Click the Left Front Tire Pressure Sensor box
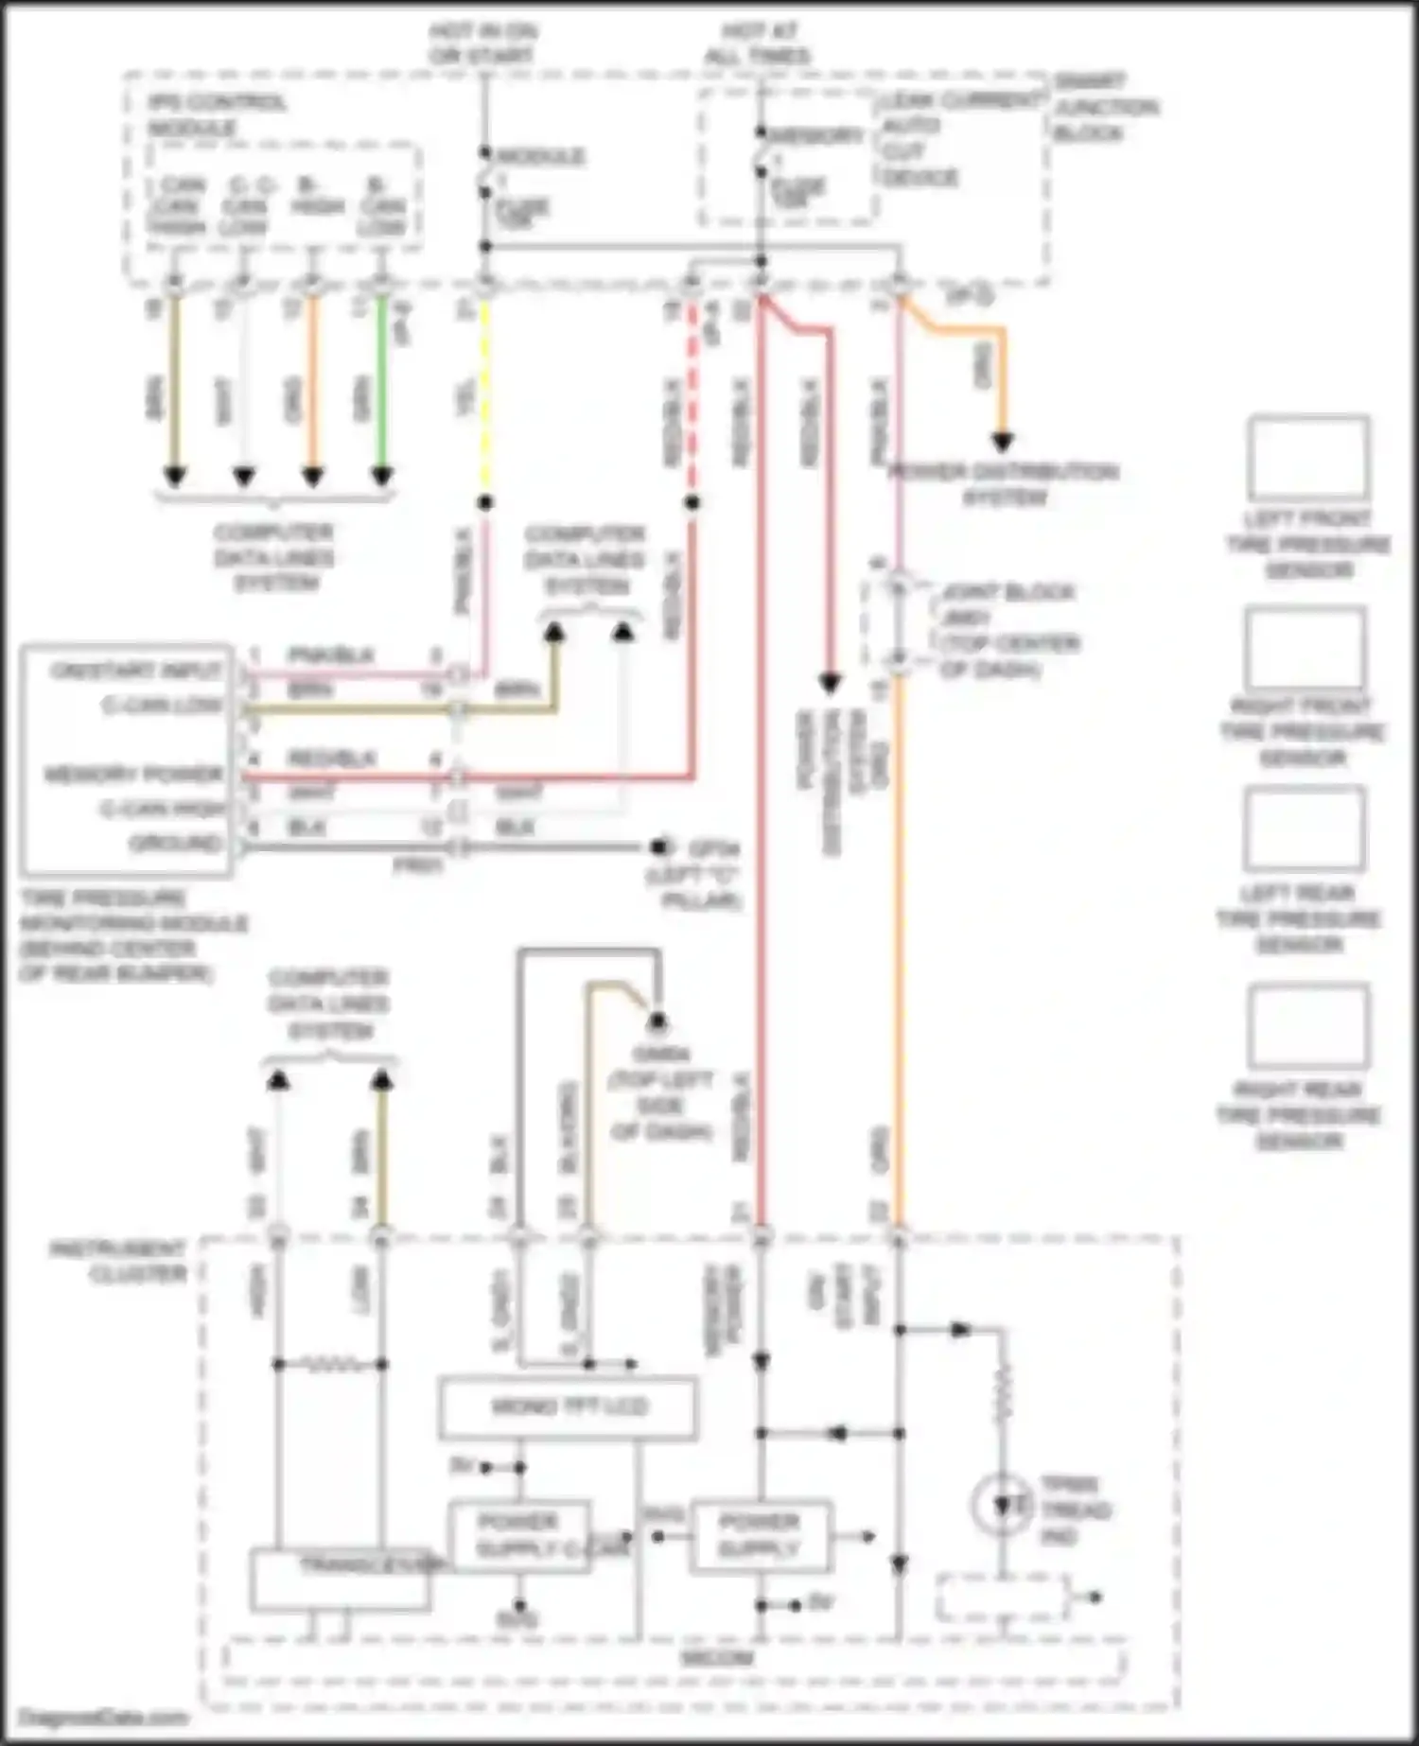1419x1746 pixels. coord(1308,459)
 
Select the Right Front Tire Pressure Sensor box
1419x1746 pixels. coord(1305,648)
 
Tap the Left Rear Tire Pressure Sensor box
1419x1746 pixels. coord(1304,829)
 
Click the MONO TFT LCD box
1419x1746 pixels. coord(568,1407)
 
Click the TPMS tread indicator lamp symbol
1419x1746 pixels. coord(1002,1504)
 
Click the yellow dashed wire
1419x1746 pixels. coord(485,397)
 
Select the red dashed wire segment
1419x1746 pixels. coord(692,397)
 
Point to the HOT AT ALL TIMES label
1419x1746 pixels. coord(757,44)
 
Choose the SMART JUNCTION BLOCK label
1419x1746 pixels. coord(1104,107)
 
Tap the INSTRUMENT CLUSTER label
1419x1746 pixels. coord(118,1262)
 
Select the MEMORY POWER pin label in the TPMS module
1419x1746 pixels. coord(133,775)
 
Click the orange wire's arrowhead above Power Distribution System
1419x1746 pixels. coord(1002,442)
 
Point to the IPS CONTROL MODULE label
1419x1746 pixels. coord(217,114)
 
